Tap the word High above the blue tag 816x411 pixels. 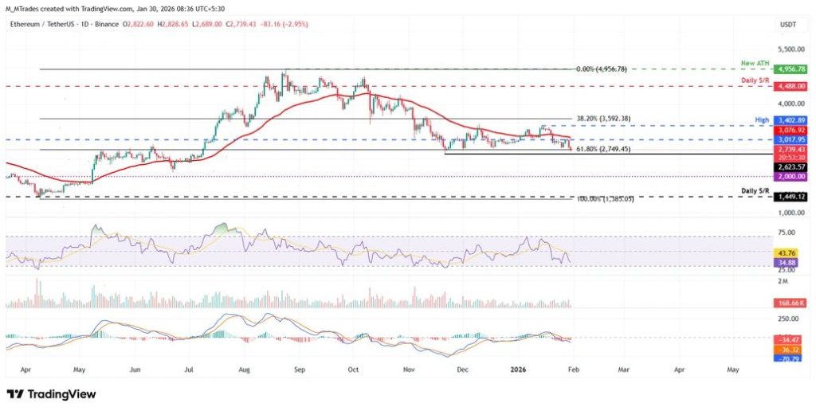pyautogui.click(x=761, y=119)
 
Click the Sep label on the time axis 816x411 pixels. pyautogui.click(x=300, y=370)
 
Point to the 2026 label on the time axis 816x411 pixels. pyautogui.click(x=519, y=370)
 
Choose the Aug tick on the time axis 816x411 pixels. pyautogui.click(x=245, y=370)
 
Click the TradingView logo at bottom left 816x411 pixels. pyautogui.click(x=51, y=394)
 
